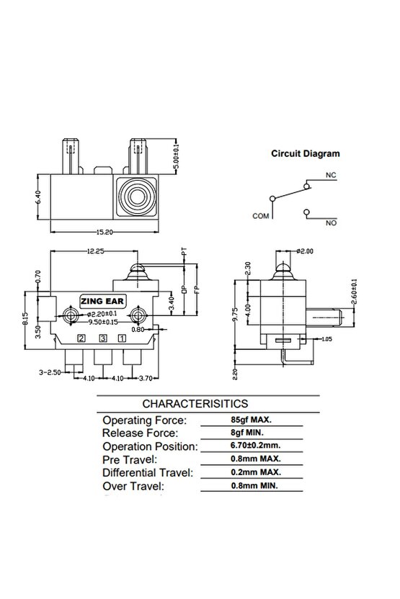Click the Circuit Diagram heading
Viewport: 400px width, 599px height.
coord(305,153)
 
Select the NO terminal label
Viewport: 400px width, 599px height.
coord(332,224)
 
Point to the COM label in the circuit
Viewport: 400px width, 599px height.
coord(261,215)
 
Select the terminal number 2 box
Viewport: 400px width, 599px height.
coord(82,338)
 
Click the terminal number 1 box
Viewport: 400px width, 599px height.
coord(123,338)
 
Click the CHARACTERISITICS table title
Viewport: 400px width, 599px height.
coord(196,404)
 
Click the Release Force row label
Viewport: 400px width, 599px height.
coord(141,433)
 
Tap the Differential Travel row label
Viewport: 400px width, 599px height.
coord(148,472)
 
